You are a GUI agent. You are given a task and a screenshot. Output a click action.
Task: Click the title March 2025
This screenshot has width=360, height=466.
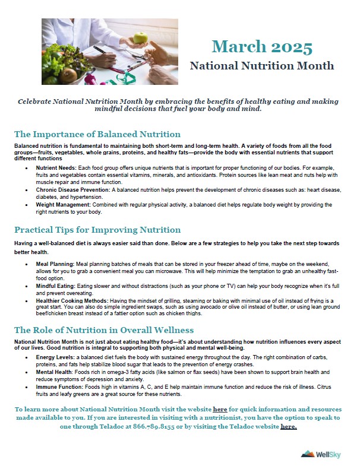tap(262, 47)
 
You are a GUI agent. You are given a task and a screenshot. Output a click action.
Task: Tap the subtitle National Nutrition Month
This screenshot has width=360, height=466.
tap(262, 65)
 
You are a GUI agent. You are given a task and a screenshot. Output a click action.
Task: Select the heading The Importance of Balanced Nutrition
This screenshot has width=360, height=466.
tap(97, 134)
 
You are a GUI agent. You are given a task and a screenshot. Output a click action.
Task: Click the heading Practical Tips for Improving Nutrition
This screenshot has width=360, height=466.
tap(97, 230)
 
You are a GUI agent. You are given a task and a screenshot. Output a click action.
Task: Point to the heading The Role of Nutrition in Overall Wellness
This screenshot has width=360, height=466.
tap(103, 330)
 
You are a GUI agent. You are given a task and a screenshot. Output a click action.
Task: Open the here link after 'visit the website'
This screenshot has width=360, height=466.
tap(220, 410)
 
